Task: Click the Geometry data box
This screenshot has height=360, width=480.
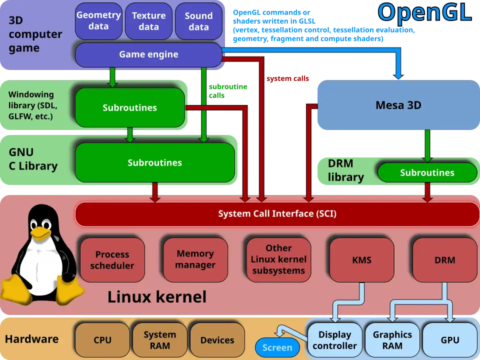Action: [98, 21]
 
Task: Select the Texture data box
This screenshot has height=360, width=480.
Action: [148, 21]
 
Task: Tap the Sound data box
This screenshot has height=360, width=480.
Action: [198, 21]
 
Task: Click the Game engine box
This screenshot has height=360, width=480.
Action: [148, 54]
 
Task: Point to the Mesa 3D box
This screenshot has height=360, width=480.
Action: [398, 105]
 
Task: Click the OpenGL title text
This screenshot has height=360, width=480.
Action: [424, 12]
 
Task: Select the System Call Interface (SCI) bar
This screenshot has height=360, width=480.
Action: [277, 214]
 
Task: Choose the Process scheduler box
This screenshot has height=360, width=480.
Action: [112, 260]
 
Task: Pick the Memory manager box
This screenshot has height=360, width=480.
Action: [195, 259]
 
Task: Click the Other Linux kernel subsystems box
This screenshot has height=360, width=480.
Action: [278, 259]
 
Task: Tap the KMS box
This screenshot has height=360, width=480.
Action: [361, 260]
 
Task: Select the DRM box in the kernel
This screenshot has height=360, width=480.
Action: [444, 260]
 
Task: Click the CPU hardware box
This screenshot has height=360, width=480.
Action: [102, 340]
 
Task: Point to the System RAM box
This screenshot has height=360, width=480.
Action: [159, 340]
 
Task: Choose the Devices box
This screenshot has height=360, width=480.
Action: [217, 340]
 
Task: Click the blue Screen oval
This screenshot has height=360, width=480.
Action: [277, 347]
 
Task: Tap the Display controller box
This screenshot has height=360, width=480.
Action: [334, 340]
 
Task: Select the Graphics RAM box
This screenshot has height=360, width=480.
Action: [392, 340]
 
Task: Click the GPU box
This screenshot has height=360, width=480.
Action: [450, 340]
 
